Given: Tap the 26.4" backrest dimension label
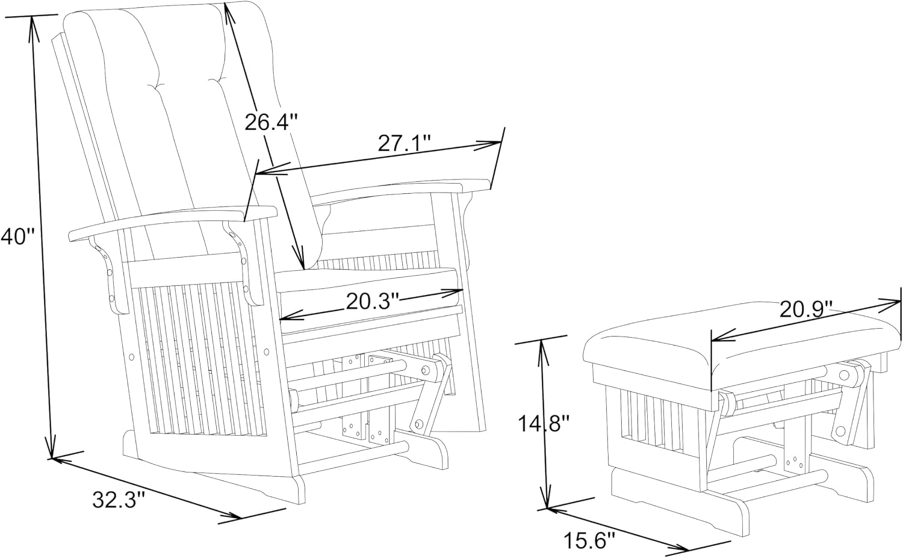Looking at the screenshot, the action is point(271,122).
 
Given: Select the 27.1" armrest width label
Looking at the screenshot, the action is point(405,143).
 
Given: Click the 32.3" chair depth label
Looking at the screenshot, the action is point(119,500).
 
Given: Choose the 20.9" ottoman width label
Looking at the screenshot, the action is point(806,309).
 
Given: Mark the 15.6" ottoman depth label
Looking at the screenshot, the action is point(589,541).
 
